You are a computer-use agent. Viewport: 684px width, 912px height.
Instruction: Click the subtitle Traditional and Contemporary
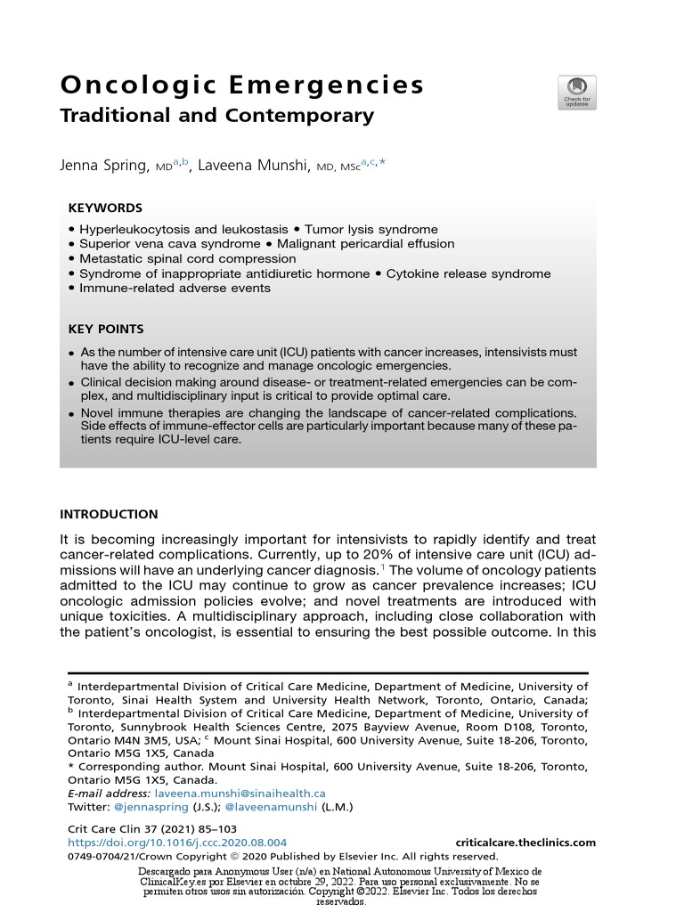[216, 116]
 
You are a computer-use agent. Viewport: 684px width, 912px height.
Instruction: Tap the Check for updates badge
[576, 93]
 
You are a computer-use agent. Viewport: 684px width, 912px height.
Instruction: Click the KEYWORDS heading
[105, 208]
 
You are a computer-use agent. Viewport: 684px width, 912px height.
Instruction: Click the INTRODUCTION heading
[109, 514]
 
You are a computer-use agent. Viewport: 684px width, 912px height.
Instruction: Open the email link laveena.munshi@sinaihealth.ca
[240, 793]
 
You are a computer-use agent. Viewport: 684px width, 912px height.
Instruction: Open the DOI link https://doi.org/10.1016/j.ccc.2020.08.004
[177, 842]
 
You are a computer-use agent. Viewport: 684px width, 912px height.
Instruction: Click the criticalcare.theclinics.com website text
[525, 842]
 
